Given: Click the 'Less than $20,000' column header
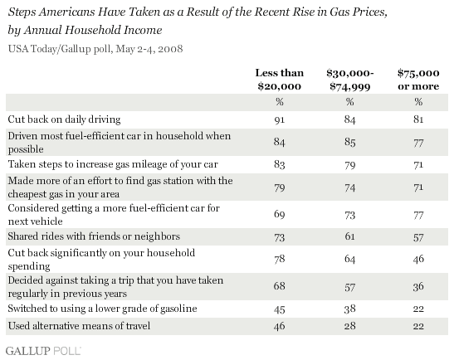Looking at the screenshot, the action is tap(280, 80).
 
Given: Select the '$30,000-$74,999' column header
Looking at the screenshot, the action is tap(349, 80).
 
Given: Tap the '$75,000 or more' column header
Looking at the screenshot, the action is tap(418, 80).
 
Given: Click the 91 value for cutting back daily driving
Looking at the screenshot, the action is tap(280, 119).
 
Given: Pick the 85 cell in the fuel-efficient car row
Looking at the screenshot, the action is tap(349, 142).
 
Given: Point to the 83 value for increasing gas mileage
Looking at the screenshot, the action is tap(280, 164).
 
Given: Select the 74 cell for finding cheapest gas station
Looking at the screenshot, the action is tap(349, 187).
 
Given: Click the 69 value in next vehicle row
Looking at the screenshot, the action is tap(280, 215).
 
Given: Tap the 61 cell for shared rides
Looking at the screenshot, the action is tap(349, 236).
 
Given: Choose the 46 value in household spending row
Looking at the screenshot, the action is tap(418, 259).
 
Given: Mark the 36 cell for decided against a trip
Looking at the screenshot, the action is tap(418, 286).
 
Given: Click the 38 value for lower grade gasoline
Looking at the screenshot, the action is tap(349, 309).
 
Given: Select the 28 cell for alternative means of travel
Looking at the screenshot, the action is tap(349, 326).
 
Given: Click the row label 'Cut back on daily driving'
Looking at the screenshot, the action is tap(64, 119).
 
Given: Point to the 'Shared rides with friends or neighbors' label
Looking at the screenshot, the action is tap(94, 236).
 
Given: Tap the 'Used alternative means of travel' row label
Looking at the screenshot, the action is tap(79, 326).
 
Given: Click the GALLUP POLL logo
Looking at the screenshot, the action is tap(43, 351).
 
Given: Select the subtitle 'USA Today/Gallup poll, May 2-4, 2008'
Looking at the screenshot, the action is tap(95, 49).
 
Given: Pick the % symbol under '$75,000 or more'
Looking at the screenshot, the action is tap(418, 102).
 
